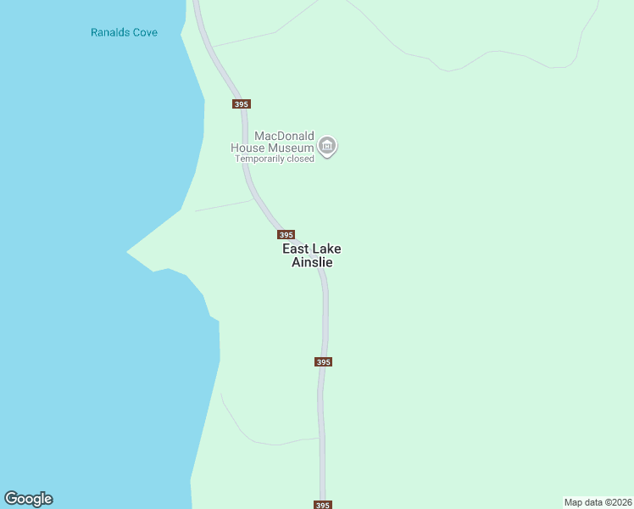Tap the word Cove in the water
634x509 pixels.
point(146,33)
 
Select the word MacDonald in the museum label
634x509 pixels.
point(284,137)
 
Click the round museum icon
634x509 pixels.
point(328,147)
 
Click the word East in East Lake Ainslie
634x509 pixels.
point(296,249)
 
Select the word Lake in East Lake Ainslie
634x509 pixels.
point(326,249)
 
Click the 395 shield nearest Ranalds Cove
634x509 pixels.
point(242,103)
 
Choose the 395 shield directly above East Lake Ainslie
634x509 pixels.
point(286,235)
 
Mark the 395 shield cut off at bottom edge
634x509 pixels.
point(322,505)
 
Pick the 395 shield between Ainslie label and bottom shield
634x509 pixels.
point(322,361)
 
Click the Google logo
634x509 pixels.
point(28,499)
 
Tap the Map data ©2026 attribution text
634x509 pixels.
point(598,502)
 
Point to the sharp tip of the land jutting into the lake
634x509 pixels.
point(128,252)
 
